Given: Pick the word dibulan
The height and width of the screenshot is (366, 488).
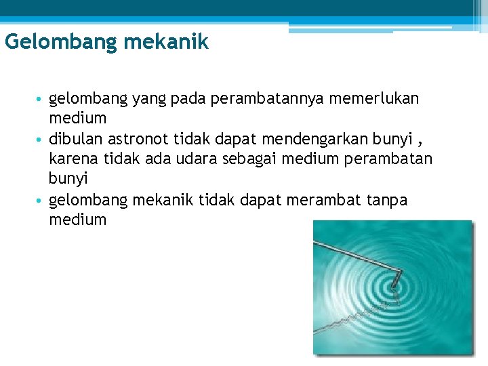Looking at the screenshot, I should pyautogui.click(x=74, y=139).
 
